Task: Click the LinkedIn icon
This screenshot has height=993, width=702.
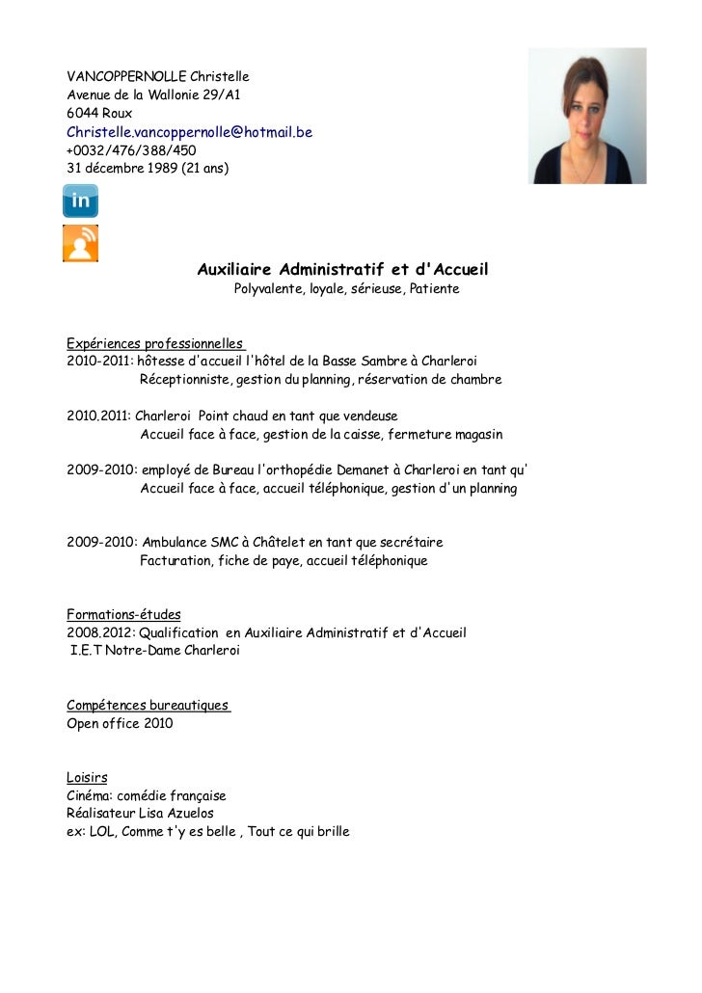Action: [x=80, y=201]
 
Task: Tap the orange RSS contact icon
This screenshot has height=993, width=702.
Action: [x=80, y=242]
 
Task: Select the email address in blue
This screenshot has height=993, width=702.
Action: [x=189, y=132]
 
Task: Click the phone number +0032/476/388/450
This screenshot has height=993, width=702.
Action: [x=131, y=150]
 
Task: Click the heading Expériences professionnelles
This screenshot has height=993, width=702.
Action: [x=154, y=343]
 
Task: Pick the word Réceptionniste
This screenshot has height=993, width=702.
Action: [x=184, y=380]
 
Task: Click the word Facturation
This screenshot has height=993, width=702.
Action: [x=175, y=561]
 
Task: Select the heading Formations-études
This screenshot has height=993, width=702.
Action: [x=123, y=615]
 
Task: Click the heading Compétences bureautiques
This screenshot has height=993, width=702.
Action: [x=148, y=706]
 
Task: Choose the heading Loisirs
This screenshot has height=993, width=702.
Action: [x=87, y=778]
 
